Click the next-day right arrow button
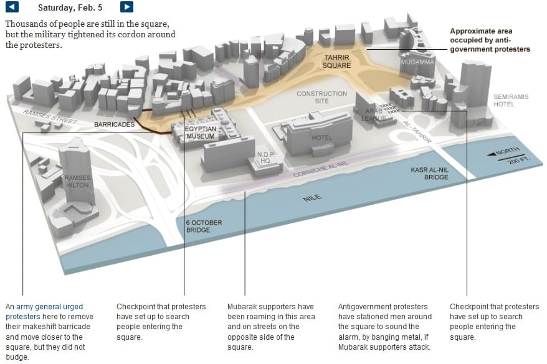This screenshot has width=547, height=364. coord(126,7)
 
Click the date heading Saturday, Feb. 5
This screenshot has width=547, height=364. coord(69,7)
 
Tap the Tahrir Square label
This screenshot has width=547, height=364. coord(337,61)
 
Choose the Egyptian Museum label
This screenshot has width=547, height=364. coord(201,132)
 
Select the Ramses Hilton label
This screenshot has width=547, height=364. coord(78,181)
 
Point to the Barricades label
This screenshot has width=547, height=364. coord(114,124)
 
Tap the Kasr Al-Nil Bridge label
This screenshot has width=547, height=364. coord(429,173)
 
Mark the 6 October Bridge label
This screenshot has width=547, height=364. coord(204,226)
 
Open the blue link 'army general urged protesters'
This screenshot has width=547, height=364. coord(44,312)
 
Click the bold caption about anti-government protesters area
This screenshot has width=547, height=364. coord(490,40)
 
